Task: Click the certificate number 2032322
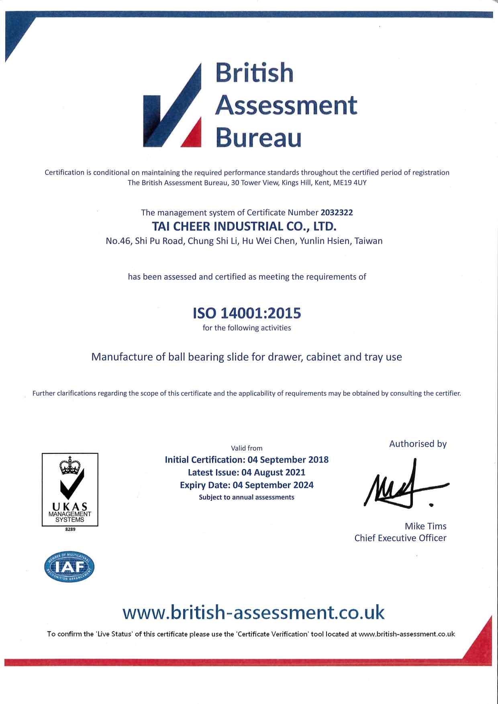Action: tap(337, 212)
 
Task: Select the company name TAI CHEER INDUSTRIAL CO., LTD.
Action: tap(244, 226)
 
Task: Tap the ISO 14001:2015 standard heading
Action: tap(247, 313)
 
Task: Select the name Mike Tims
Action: tap(425, 526)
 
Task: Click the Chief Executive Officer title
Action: tap(400, 538)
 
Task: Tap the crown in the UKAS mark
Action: tap(70, 466)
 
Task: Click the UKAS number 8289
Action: tap(70, 529)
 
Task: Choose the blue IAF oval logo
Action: tap(69, 567)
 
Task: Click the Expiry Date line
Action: tap(247, 485)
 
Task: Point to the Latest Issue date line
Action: tap(247, 472)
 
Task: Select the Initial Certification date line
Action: tap(247, 459)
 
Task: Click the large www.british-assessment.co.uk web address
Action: tap(253, 612)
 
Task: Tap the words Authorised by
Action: tap(418, 444)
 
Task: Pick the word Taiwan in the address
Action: tap(368, 241)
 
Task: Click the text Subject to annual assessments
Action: tap(247, 497)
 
